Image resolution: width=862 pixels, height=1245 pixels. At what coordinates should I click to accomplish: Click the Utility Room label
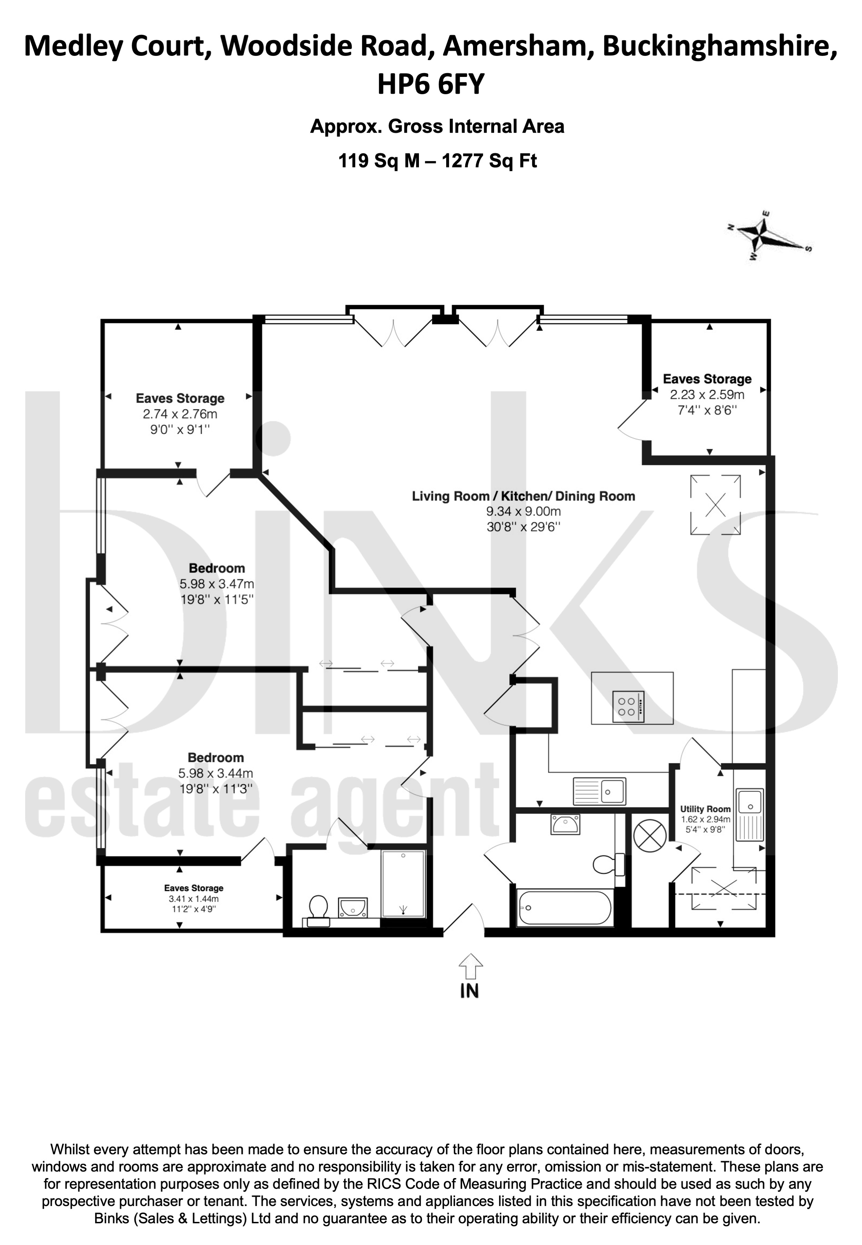(x=705, y=809)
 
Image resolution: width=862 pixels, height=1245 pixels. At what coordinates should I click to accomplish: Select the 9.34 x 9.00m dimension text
(x=524, y=511)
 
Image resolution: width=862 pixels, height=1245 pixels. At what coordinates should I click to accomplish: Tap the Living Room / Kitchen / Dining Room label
(x=523, y=496)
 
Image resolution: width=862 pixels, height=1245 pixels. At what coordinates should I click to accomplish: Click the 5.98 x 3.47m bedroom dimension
(x=217, y=584)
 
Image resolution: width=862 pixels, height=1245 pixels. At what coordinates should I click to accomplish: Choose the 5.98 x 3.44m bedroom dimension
(x=215, y=773)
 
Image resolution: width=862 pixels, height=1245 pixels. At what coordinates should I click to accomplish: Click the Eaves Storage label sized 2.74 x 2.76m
(x=180, y=398)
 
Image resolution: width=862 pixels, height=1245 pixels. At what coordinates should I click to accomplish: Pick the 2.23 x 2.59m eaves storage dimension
(x=707, y=394)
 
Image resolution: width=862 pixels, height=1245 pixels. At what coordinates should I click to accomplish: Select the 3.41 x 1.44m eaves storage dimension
(x=193, y=899)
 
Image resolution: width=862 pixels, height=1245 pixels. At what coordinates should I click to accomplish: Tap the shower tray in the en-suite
(x=403, y=884)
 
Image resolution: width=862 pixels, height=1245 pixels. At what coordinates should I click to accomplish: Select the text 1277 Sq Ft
(x=489, y=161)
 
